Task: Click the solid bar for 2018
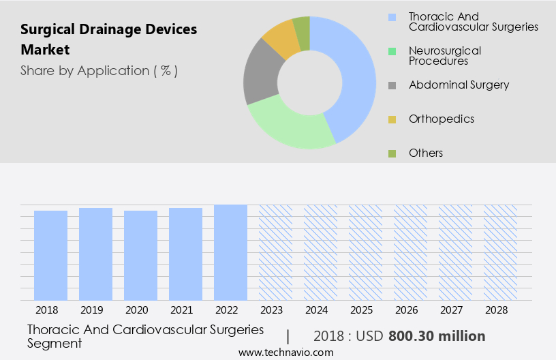click(x=50, y=255)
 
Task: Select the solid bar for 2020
click(x=140, y=255)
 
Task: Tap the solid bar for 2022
click(x=230, y=252)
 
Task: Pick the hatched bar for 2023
click(x=275, y=252)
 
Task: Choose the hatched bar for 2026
click(x=410, y=252)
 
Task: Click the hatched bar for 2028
click(x=500, y=252)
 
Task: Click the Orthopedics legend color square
click(x=392, y=119)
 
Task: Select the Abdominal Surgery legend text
click(x=459, y=85)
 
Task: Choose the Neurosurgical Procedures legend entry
click(x=444, y=56)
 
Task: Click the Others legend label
click(x=426, y=153)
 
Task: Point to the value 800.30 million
click(x=437, y=336)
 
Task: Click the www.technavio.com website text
click(x=286, y=352)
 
